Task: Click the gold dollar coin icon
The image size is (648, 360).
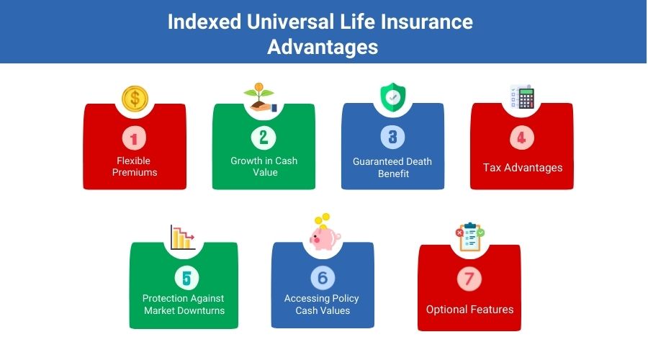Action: pos(135,99)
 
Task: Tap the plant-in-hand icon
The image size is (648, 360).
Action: pos(259,97)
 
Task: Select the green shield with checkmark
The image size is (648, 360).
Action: pos(392,97)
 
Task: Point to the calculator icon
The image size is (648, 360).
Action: pos(523,96)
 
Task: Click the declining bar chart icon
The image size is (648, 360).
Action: pos(182,238)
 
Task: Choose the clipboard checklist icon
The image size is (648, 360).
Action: pos(470,237)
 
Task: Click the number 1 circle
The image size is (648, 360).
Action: pos(135,138)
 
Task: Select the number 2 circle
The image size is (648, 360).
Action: pos(264,138)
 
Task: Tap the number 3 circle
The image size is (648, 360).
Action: pos(392,137)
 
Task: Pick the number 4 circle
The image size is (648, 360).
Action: pos(522,138)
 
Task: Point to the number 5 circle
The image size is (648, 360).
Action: pos(186,278)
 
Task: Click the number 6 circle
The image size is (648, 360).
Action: pos(323,278)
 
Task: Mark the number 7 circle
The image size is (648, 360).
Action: pos(469,279)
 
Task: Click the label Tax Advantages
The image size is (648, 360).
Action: pos(523,168)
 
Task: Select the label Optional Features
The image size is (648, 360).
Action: pos(470,310)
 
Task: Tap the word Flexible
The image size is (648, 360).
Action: pos(133,161)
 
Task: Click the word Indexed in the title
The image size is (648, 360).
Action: pos(204,22)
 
